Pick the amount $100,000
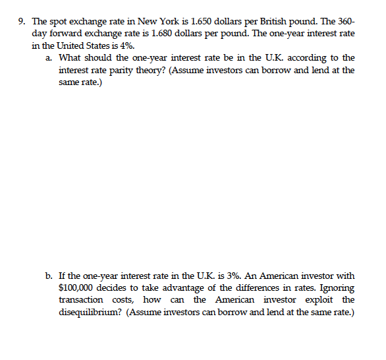tap(78, 288)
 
